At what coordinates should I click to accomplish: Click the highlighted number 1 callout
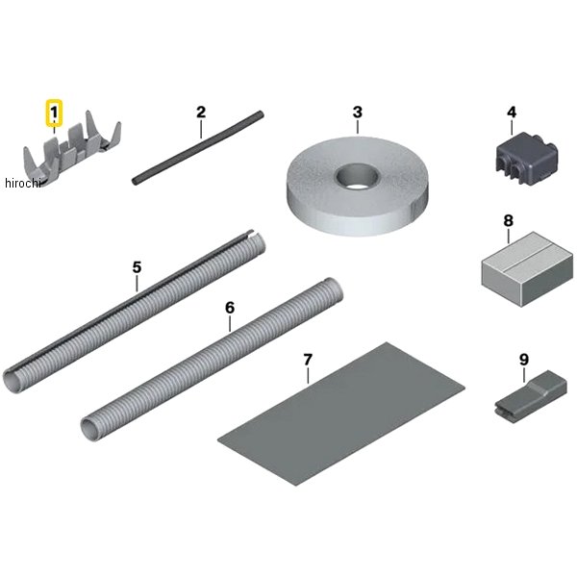[x=54, y=112]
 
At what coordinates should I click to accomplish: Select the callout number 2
[x=201, y=112]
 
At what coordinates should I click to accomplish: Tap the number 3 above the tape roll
[x=358, y=112]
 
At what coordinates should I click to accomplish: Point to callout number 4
[x=512, y=112]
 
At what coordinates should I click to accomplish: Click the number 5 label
[x=137, y=267]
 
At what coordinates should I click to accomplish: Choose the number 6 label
[x=230, y=308]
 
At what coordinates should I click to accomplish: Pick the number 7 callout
[x=308, y=360]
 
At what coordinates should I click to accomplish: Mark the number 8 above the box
[x=508, y=221]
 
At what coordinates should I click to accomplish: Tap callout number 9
[x=524, y=360]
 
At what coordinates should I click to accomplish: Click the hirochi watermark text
[x=23, y=183]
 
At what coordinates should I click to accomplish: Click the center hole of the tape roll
[x=356, y=177]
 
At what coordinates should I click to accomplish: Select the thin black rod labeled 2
[x=198, y=147]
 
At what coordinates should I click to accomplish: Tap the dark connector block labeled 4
[x=527, y=159]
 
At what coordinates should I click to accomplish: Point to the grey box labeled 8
[x=527, y=268]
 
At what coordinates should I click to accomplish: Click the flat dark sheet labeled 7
[x=341, y=414]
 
